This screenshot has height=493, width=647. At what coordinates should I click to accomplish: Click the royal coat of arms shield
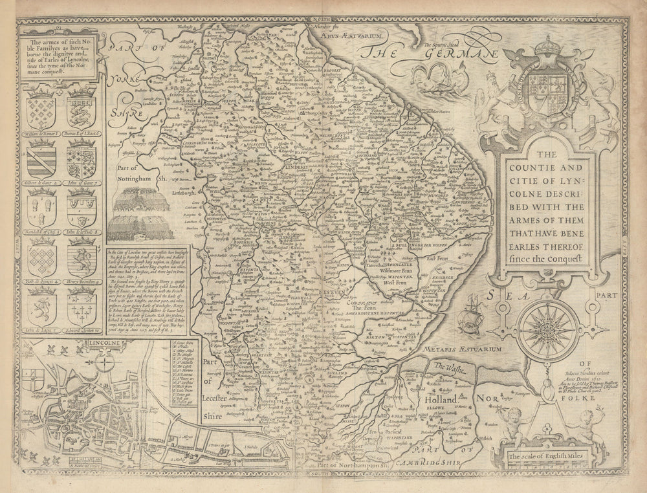(x=551, y=85)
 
